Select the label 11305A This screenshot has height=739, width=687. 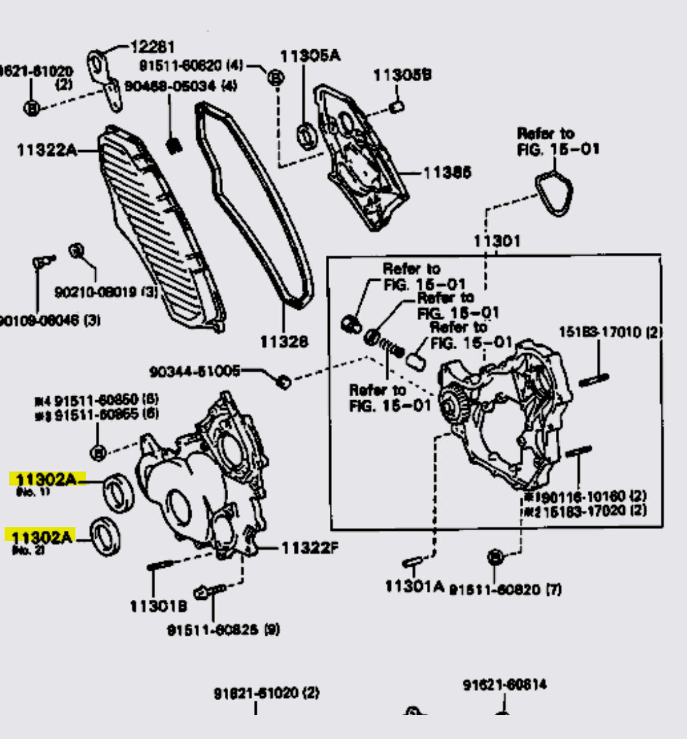tap(310, 56)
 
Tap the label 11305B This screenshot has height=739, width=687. tap(402, 75)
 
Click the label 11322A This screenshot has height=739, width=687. tap(46, 150)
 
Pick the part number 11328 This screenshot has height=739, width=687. tap(283, 342)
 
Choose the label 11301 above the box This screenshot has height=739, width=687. tap(497, 240)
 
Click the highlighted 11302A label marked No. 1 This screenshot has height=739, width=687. tap(46, 480)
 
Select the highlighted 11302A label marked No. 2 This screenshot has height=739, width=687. tap(41, 537)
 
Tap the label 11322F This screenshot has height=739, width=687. tap(310, 548)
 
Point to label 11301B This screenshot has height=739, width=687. tap(158, 606)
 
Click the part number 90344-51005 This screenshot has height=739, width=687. tap(195, 371)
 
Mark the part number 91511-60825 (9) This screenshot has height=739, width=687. tap(223, 629)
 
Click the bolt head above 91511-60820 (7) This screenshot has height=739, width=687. tap(494, 557)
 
